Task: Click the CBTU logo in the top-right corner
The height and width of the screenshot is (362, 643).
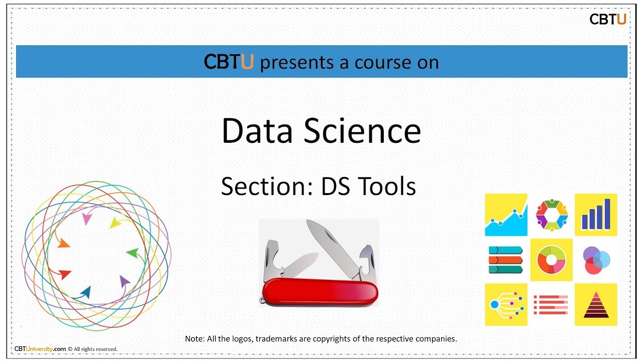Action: point(607,20)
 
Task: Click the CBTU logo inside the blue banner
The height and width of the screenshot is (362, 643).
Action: point(229,62)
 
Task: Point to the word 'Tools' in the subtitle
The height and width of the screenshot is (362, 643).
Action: point(387,187)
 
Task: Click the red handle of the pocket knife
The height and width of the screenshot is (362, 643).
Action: point(319,292)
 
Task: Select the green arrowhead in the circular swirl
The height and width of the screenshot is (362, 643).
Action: point(132,252)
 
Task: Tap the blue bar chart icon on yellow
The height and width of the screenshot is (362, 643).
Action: point(596,215)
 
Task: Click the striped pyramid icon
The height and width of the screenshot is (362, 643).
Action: point(596,305)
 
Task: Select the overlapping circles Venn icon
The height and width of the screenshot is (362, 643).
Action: point(596,260)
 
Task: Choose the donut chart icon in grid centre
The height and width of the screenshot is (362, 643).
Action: point(551,260)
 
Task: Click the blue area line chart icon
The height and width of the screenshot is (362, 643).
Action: point(506,215)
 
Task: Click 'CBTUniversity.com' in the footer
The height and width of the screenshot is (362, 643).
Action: point(40,349)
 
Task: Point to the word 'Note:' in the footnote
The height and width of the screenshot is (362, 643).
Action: point(195,339)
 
